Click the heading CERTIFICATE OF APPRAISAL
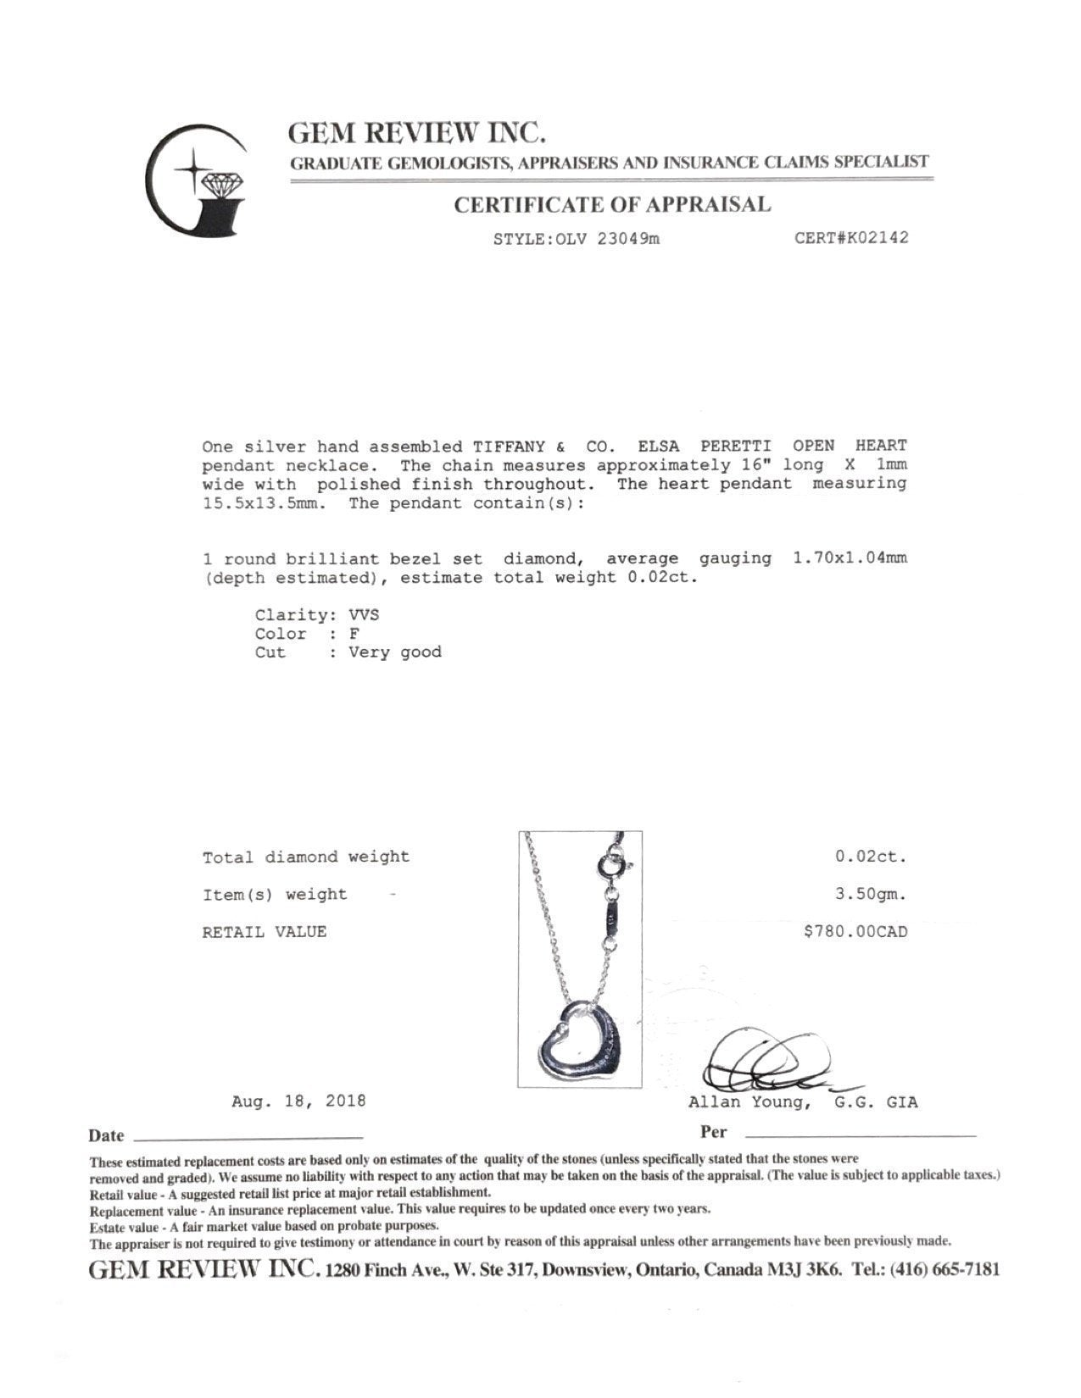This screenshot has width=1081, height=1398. (x=612, y=204)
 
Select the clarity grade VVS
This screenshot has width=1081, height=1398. (x=364, y=615)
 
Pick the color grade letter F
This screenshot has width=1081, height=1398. (x=354, y=634)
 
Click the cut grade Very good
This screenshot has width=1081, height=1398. (x=395, y=652)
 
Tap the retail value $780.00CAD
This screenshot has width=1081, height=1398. (x=855, y=932)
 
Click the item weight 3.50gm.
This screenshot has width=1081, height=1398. (x=871, y=894)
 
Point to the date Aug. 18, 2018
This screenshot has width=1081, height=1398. (x=298, y=1101)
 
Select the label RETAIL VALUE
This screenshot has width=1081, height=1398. (x=264, y=932)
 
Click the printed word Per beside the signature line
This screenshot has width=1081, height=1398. (x=713, y=1132)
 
